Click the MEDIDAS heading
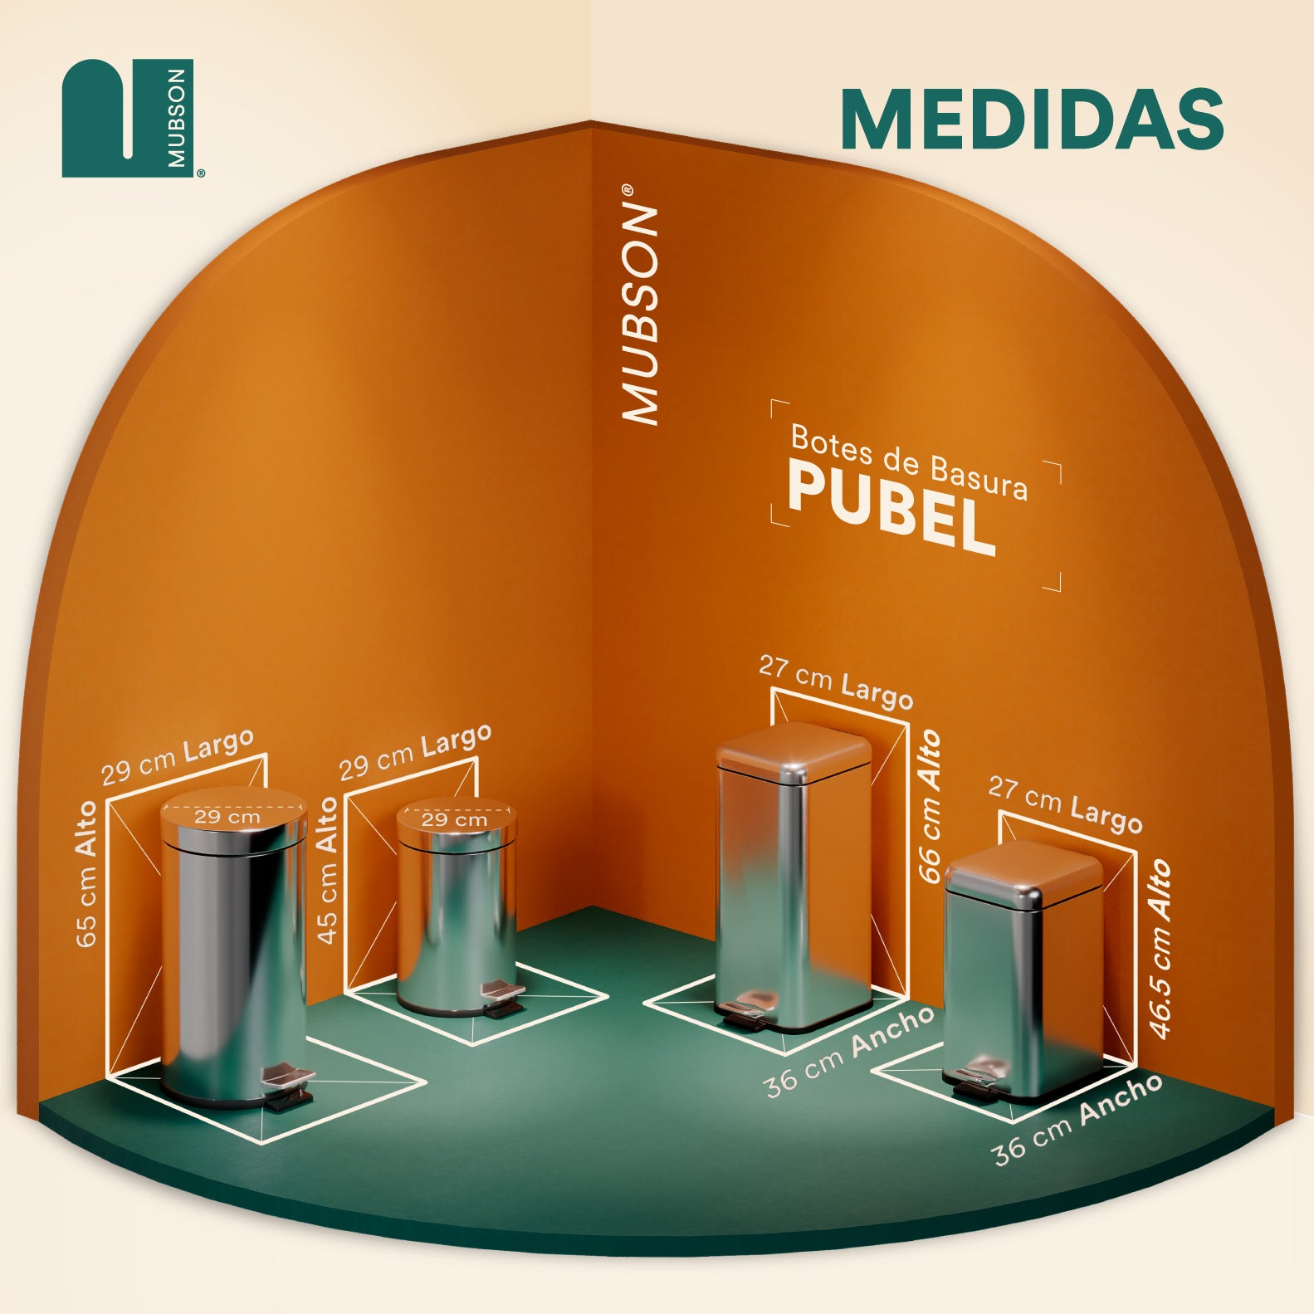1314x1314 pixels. pyautogui.click(x=1032, y=118)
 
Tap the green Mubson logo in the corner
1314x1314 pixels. pyautogui.click(x=129, y=118)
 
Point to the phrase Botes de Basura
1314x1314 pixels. pyautogui.click(x=909, y=462)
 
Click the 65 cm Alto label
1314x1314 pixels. pyautogui.click(x=86, y=873)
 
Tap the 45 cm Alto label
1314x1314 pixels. pyautogui.click(x=329, y=870)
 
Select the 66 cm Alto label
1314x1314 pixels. pyautogui.click(x=931, y=806)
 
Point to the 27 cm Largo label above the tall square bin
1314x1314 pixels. pyautogui.click(x=836, y=682)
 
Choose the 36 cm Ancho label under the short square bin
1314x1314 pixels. pyautogui.click(x=1077, y=1118)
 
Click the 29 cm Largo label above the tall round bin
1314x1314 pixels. pyautogui.click(x=178, y=757)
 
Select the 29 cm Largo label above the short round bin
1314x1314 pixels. pyautogui.click(x=415, y=752)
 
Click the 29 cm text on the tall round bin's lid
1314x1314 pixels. pyautogui.click(x=227, y=817)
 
